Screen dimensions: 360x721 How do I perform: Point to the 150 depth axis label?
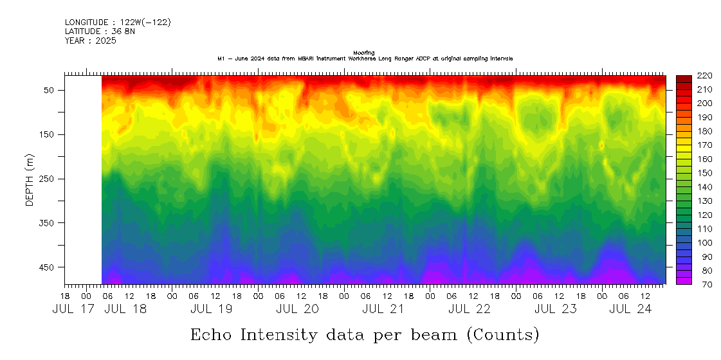pyautogui.click(x=49, y=134)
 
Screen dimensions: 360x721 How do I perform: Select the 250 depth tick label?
pyautogui.click(x=49, y=179)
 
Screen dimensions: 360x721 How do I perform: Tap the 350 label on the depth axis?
pyautogui.click(x=49, y=222)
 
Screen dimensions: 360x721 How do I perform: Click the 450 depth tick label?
pyautogui.click(x=49, y=267)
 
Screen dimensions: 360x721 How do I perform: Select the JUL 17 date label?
pyautogui.click(x=73, y=309)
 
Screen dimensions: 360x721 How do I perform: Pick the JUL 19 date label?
pyautogui.click(x=211, y=309)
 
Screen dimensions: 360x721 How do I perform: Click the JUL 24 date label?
pyautogui.click(x=631, y=309)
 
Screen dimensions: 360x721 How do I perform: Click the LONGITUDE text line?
pyautogui.click(x=118, y=22)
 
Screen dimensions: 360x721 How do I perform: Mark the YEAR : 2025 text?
pyautogui.click(x=90, y=40)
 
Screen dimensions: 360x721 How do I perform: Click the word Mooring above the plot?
pyautogui.click(x=364, y=53)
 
